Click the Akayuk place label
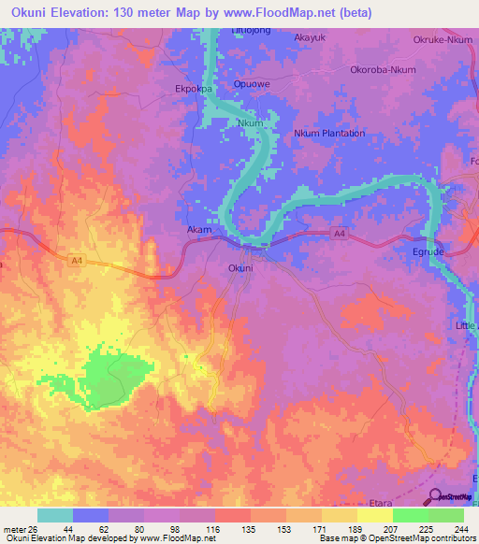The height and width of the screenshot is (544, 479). coord(309,37)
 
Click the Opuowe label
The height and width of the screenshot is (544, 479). coord(278,83)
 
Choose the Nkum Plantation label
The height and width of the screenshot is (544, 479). coord(329,134)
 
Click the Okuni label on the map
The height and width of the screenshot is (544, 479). coord(240,268)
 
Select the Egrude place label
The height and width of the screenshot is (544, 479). coord(430,252)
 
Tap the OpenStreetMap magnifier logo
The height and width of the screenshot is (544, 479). coord(434,495)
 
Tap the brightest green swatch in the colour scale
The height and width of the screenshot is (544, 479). coord(411,515)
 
